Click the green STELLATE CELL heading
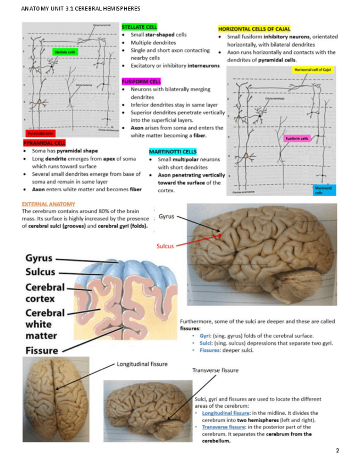point(140,26)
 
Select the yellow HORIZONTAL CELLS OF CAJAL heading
point(254,29)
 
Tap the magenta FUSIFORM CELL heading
point(141,81)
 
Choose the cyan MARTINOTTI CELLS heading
point(173,151)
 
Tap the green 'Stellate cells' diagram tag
point(65,51)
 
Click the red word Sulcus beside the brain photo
point(165,246)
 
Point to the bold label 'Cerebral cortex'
point(45,293)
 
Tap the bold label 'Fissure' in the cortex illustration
point(41,350)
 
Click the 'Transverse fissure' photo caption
point(215,370)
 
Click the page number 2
point(337,451)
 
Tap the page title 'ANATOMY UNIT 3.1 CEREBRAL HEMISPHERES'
point(80,9)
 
